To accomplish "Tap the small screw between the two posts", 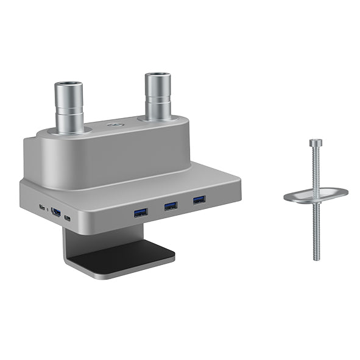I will (113, 126).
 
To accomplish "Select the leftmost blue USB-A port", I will (141, 211).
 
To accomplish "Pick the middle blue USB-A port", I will (171, 206).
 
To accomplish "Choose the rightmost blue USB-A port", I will (199, 200).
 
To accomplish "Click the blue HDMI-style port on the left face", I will (56, 213).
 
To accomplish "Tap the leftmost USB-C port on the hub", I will (41, 207).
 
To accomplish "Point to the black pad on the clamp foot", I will (122, 256).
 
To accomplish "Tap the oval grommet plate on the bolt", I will (316, 195).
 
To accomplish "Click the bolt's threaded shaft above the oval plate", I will (315, 168).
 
